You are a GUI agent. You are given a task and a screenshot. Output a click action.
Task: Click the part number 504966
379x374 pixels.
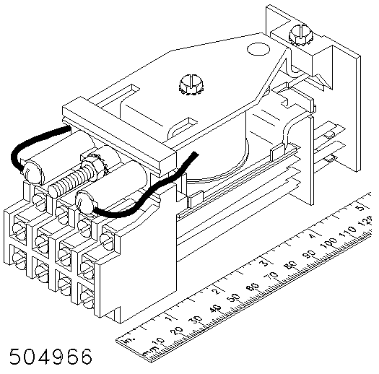[51, 356]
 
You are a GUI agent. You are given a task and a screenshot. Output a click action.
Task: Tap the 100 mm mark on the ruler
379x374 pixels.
[328, 243]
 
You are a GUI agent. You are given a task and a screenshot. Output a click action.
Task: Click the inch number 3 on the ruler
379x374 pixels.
[266, 262]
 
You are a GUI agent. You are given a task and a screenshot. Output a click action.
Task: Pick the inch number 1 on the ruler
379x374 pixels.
[169, 318]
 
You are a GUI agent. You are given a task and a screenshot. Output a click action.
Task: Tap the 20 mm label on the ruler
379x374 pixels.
[177, 331]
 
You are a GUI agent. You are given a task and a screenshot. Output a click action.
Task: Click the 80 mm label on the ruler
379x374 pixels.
[290, 266]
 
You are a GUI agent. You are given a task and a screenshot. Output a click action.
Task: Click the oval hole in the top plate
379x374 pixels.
[258, 49]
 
